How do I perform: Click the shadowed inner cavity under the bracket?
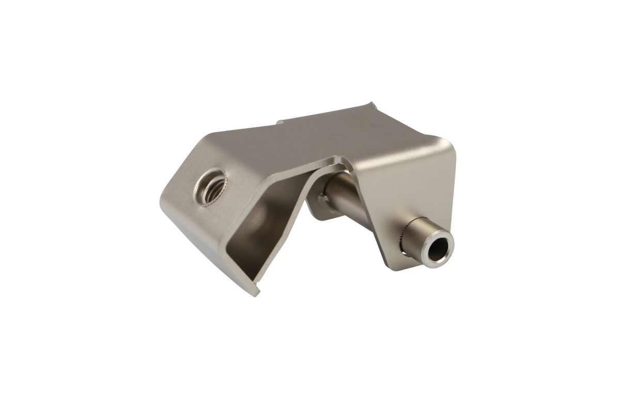tap(263, 227)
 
